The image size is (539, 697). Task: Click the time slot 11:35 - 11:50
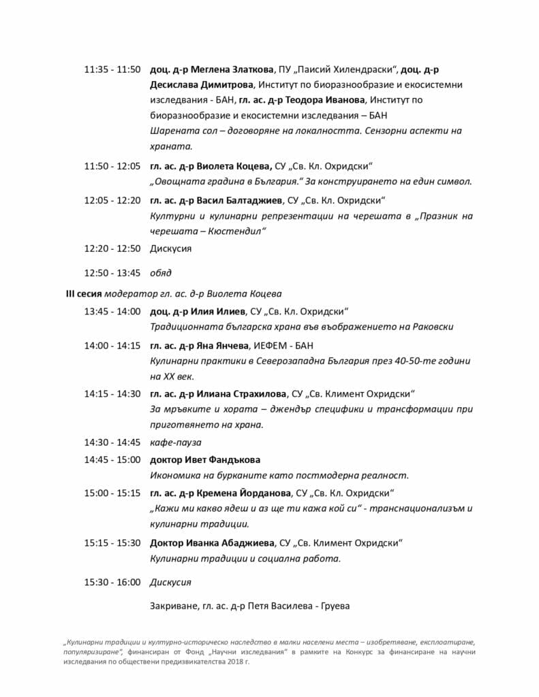click(112, 70)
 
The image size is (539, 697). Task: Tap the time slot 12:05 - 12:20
click(112, 200)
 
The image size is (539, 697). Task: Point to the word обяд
click(161, 273)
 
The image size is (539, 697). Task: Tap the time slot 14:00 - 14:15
click(112, 346)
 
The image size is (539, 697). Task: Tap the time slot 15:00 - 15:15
click(112, 493)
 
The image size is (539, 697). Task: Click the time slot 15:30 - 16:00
click(112, 583)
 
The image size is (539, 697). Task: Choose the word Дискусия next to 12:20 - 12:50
click(170, 249)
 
